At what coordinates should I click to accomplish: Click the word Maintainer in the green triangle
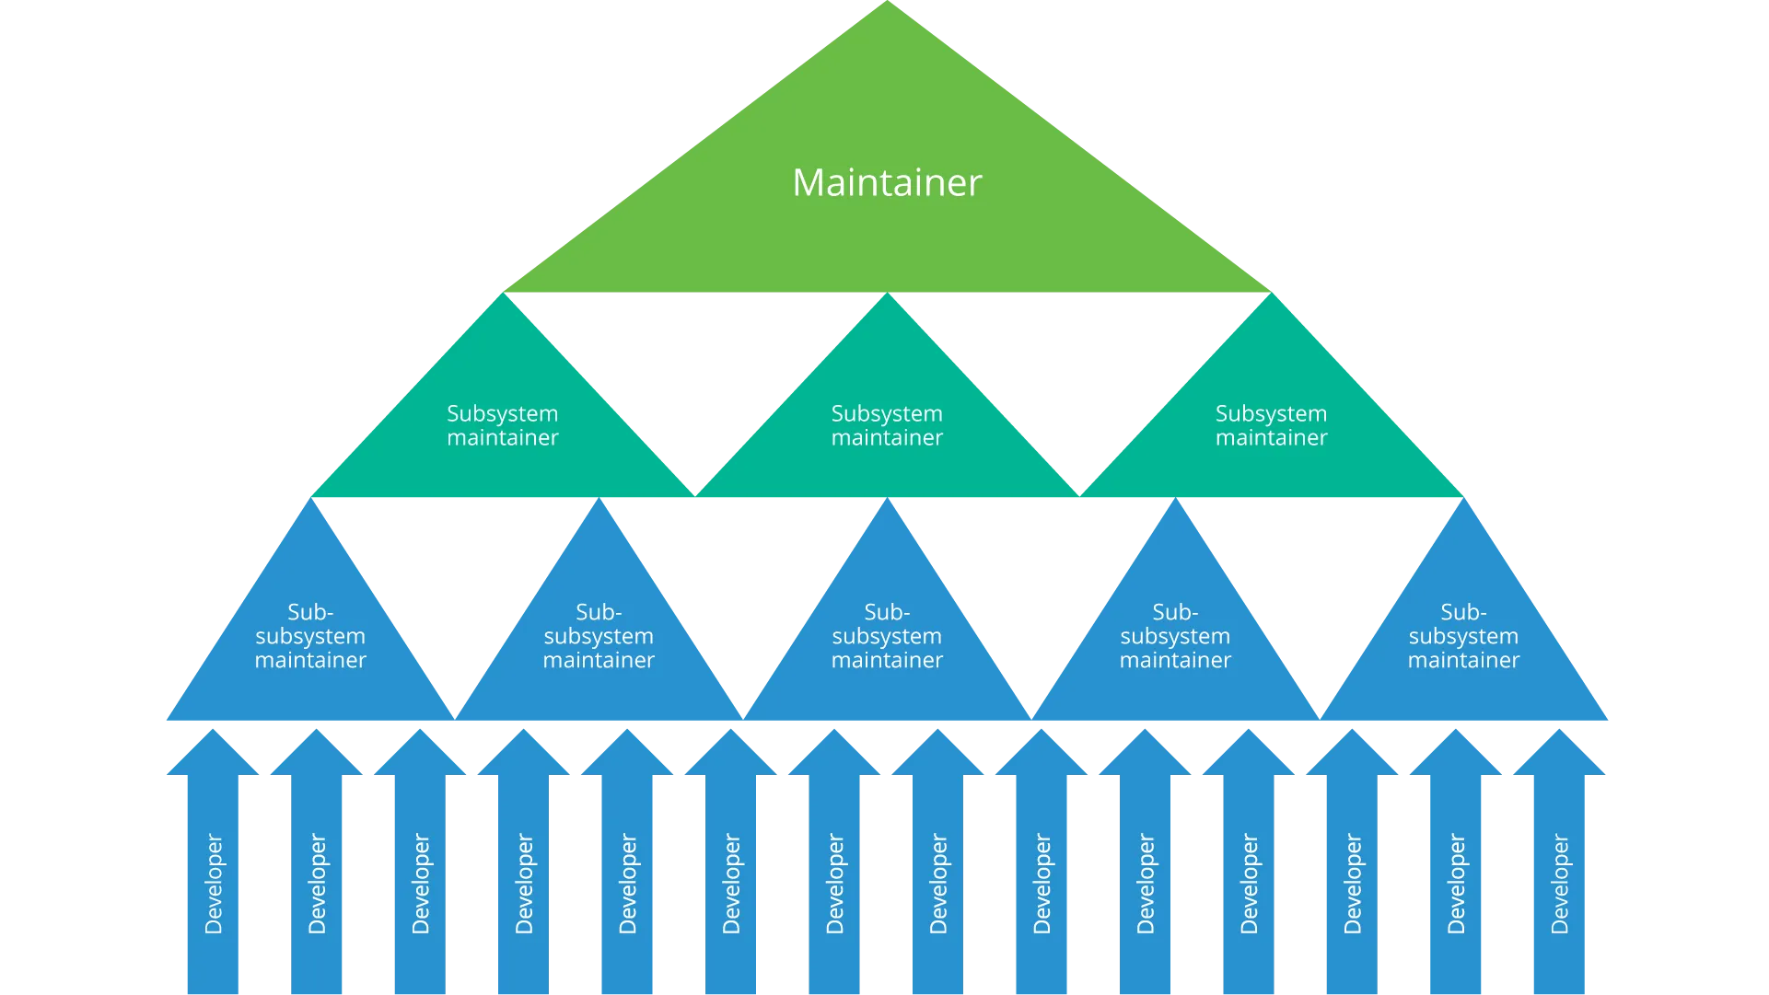(x=887, y=182)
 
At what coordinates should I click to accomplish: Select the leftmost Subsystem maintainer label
(x=503, y=425)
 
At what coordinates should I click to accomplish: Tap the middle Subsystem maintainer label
(x=887, y=425)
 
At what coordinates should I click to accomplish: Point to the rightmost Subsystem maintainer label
(x=1271, y=425)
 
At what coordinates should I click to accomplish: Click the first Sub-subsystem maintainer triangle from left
(x=310, y=636)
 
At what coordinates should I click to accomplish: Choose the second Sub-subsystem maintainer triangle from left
(x=599, y=636)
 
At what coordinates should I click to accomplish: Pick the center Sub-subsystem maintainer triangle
(x=887, y=636)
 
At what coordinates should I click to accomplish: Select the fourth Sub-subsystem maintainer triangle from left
(x=1175, y=636)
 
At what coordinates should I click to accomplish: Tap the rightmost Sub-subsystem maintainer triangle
(x=1463, y=636)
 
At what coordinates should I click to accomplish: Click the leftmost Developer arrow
(x=213, y=884)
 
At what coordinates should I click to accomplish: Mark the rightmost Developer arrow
(x=1559, y=884)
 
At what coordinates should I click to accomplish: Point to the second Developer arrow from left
(x=316, y=884)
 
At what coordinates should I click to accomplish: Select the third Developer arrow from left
(x=420, y=884)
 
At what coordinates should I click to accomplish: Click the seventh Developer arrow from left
(x=834, y=884)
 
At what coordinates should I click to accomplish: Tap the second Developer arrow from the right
(x=1456, y=884)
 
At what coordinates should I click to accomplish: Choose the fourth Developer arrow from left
(x=524, y=884)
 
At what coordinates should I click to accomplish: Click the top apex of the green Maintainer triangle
(x=888, y=7)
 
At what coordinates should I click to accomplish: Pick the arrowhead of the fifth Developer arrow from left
(x=627, y=755)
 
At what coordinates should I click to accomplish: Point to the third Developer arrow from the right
(x=1352, y=884)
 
